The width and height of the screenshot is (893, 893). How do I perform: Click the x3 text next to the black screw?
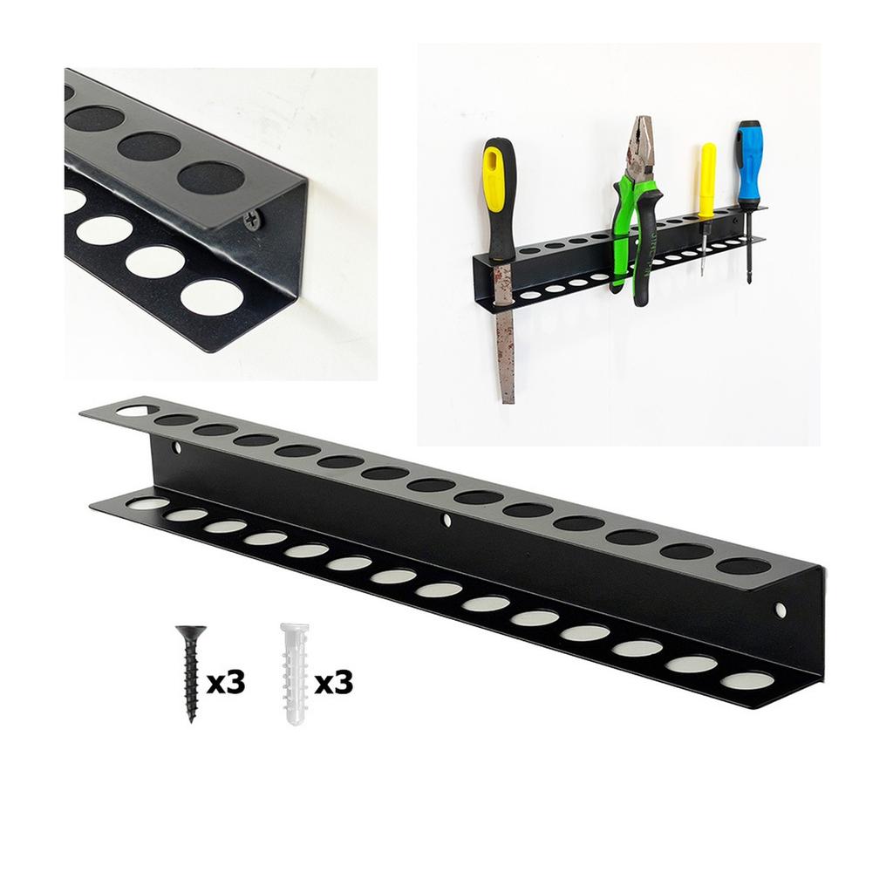226,683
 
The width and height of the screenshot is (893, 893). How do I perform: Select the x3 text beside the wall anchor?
333,683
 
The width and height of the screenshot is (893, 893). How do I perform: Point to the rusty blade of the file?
505,349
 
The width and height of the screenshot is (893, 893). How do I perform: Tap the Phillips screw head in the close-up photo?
253,221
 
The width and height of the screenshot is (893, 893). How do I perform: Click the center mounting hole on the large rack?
447,521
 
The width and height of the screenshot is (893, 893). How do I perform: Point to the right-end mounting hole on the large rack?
781,610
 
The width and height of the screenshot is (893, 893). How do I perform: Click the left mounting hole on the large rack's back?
178,448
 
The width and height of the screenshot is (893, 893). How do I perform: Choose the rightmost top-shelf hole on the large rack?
743,567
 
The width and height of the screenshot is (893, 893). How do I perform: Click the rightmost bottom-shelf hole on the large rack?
747,680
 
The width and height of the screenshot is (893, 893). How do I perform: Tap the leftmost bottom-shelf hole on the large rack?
147,503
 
